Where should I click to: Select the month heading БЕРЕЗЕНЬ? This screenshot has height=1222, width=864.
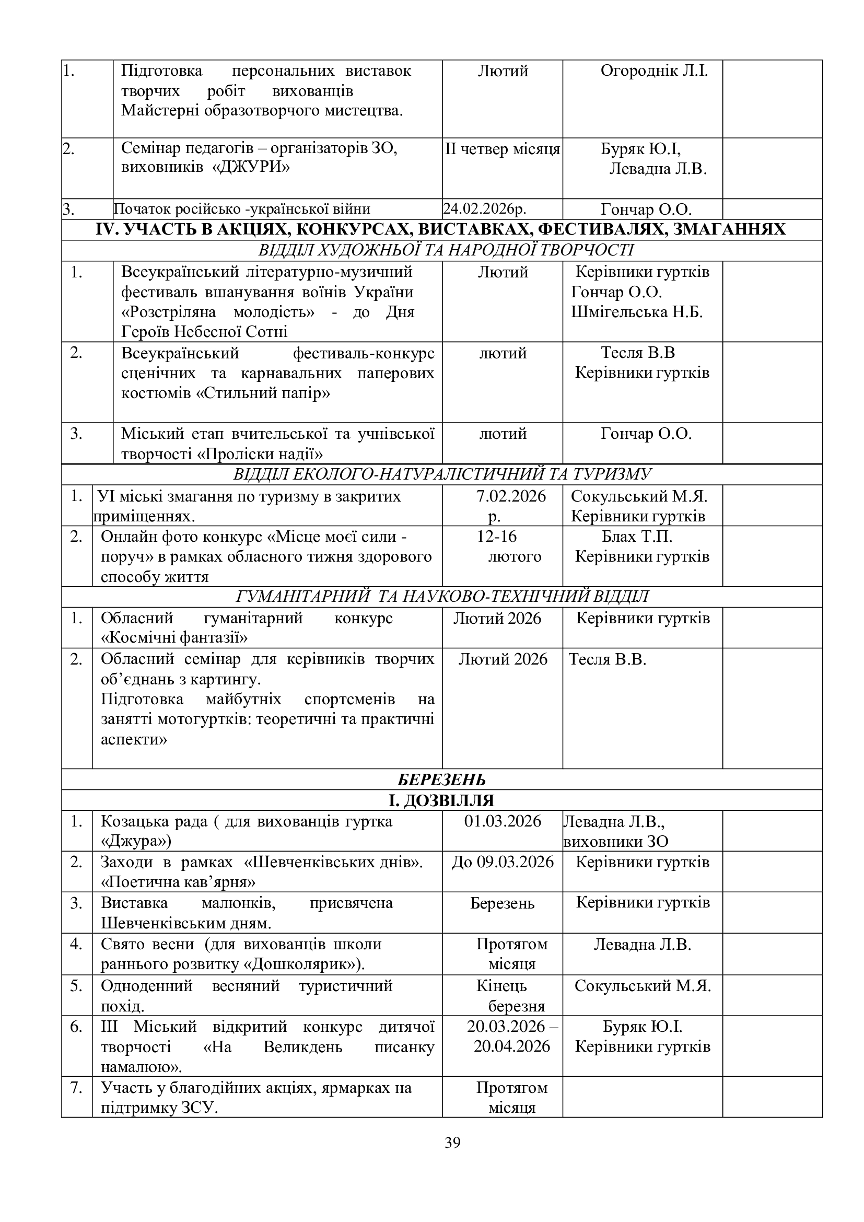click(441, 780)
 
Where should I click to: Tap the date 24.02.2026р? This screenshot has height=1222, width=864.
click(485, 208)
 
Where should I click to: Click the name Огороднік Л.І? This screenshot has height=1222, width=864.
click(654, 71)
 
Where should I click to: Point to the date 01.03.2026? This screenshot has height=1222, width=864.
click(502, 821)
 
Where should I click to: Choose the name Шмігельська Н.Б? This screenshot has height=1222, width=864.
click(637, 312)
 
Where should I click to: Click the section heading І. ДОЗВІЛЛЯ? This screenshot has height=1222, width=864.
click(441, 800)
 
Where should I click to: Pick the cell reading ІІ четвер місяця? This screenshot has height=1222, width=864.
click(502, 149)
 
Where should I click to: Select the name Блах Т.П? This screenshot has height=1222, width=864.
click(637, 536)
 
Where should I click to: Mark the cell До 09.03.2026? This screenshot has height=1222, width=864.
click(502, 861)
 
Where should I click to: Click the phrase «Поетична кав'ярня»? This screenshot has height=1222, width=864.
click(178, 882)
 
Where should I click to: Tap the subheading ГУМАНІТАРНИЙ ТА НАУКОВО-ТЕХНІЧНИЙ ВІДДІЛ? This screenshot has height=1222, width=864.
click(441, 597)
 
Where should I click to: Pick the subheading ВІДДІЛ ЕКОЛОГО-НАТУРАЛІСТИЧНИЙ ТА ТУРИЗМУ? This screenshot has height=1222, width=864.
click(441, 474)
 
